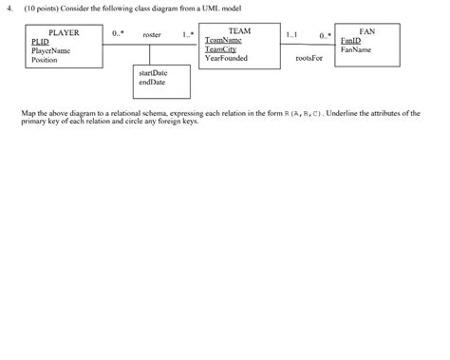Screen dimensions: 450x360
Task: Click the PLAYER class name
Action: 64,32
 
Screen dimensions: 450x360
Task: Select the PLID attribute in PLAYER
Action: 40,42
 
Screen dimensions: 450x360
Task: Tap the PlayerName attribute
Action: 50,50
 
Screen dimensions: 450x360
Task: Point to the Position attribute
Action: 45,59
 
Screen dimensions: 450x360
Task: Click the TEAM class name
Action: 239,31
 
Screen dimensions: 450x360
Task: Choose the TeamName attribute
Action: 223,41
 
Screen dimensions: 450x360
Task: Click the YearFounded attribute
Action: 226,58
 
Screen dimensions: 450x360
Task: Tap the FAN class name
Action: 367,31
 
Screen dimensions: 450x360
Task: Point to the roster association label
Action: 151,34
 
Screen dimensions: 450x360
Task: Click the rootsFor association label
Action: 309,58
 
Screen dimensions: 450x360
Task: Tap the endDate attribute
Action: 151,82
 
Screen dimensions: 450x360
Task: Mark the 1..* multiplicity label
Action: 188,34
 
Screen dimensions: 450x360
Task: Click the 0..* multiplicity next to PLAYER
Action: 117,33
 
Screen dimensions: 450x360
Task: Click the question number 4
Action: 7,8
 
